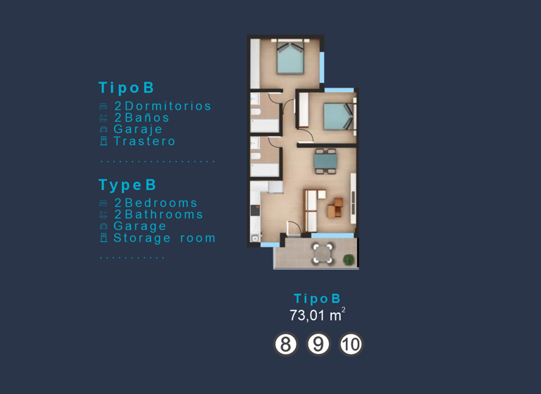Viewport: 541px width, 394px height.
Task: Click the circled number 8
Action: tap(285, 345)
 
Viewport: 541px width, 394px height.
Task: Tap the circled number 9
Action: tap(319, 345)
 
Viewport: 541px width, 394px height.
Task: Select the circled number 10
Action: tap(351, 345)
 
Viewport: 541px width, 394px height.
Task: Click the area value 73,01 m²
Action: tap(317, 315)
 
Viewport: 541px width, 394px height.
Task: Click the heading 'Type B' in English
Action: tap(127, 185)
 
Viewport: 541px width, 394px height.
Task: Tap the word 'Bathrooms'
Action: tap(164, 215)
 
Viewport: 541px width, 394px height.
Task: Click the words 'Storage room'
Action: tap(165, 238)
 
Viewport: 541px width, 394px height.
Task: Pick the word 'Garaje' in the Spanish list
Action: tap(138, 129)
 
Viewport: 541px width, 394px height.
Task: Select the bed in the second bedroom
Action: tap(337, 116)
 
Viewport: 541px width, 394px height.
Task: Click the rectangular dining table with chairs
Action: tap(325, 161)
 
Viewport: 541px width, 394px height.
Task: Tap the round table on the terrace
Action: tap(324, 253)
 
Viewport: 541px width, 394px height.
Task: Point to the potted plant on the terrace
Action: tap(349, 260)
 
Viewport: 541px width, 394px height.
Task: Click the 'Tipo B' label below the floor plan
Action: tap(317, 298)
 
